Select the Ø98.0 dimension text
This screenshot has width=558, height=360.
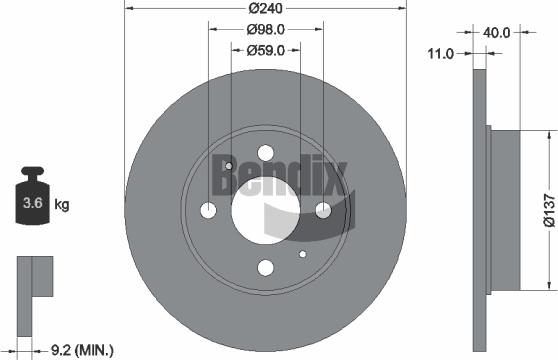265,30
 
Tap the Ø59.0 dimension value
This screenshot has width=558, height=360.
265,49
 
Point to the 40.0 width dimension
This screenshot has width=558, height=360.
497,32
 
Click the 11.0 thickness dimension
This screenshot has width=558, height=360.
441,52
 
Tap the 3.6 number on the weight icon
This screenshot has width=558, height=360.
33,205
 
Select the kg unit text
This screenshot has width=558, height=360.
62,206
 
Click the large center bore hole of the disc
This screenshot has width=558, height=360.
265,211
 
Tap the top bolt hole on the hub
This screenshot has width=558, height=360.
265,153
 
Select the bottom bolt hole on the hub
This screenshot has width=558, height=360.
265,268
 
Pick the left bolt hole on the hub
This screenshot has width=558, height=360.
208,211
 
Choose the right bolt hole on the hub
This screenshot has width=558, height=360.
323,211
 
